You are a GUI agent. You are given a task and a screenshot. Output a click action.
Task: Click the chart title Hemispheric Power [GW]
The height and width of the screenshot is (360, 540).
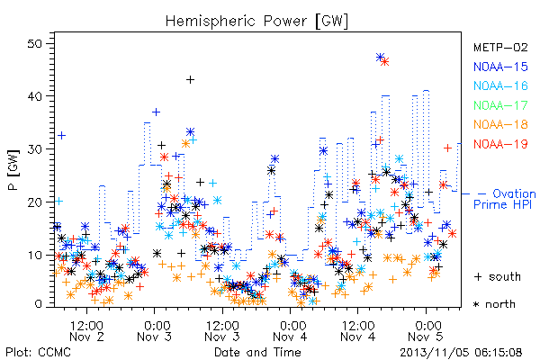click(256, 22)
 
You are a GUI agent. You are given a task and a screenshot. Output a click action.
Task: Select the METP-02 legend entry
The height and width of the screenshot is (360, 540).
click(500, 47)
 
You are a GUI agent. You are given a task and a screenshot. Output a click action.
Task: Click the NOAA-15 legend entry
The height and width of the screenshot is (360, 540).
click(500, 67)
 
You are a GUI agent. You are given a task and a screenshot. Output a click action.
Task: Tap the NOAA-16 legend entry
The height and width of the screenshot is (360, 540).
click(500, 85)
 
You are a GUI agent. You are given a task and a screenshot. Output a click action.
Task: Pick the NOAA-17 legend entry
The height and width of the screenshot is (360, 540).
click(500, 105)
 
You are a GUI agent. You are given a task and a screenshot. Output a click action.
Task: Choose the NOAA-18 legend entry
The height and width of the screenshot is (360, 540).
click(500, 124)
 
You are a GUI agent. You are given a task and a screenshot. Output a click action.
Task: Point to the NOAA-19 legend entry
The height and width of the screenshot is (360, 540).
click(500, 144)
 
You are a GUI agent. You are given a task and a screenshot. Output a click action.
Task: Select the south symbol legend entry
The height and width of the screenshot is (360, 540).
click(498, 276)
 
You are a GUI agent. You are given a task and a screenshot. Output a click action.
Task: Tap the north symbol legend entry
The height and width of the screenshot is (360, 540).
click(494, 304)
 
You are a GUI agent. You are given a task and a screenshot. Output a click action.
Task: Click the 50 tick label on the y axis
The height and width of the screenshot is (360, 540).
click(35, 44)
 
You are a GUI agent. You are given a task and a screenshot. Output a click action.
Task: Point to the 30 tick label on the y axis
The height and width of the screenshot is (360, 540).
click(35, 149)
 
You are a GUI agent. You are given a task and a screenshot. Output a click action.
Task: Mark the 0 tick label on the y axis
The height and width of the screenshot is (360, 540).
click(38, 304)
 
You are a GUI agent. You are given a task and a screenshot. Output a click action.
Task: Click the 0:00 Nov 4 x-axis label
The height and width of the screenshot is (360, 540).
click(290, 331)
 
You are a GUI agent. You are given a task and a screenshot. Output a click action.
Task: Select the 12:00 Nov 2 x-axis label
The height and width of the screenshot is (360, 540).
click(86, 331)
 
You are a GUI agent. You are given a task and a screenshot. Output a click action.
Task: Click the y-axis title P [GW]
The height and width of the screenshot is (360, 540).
click(13, 169)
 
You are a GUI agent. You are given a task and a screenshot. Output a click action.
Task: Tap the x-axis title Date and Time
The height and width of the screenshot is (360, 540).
click(257, 353)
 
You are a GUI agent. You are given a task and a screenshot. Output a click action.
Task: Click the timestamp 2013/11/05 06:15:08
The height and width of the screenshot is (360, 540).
click(461, 353)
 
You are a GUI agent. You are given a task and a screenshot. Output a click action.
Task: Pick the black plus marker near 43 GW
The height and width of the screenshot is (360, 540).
click(190, 80)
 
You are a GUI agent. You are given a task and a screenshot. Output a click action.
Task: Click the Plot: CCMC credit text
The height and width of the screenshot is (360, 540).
click(38, 353)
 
